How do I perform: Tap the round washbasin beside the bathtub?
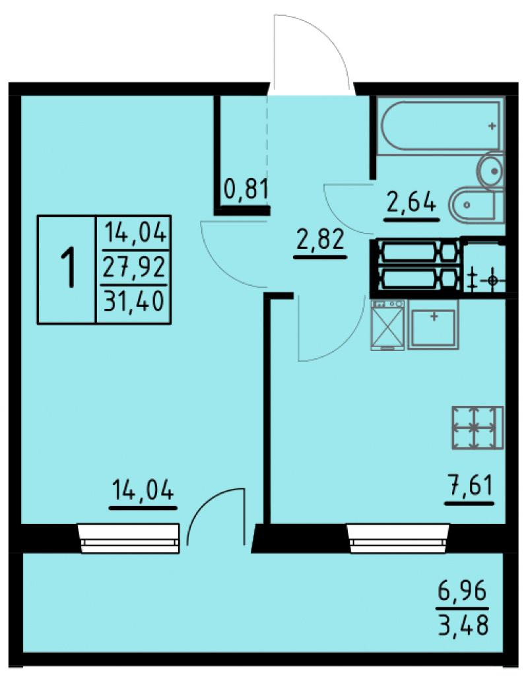click(x=490, y=170)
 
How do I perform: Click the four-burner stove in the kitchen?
click(x=478, y=428)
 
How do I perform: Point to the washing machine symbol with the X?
click(x=388, y=325)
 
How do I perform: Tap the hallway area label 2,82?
click(x=320, y=240)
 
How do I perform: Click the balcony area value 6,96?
click(x=463, y=592)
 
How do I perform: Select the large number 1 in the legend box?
click(x=68, y=267)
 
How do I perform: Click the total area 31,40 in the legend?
click(x=134, y=300)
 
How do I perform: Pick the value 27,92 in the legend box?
click(x=134, y=267)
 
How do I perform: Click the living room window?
click(x=129, y=538)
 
